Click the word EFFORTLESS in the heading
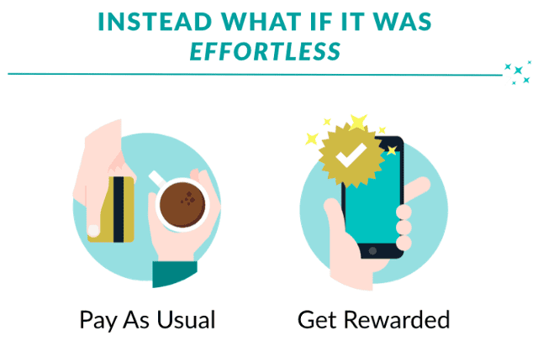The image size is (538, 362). (x=265, y=51)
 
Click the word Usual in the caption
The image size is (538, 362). (x=186, y=319)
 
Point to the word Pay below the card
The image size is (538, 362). (x=98, y=321)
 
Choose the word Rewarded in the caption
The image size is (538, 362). (x=397, y=319)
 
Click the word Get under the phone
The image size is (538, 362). (x=317, y=319)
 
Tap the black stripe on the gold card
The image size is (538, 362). (x=119, y=209)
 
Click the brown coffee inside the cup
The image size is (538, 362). (x=182, y=205)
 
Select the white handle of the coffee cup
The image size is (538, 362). (x=157, y=178)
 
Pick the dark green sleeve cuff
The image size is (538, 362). (x=175, y=273)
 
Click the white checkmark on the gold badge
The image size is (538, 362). (x=351, y=155)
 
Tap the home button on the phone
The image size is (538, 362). (x=372, y=251)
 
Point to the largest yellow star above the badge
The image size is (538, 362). (x=358, y=122)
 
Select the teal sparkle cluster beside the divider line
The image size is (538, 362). (x=518, y=73)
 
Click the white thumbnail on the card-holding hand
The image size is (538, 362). (x=93, y=230)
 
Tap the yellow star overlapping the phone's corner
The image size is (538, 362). (x=392, y=150)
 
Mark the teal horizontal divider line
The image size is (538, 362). (x=255, y=74)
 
